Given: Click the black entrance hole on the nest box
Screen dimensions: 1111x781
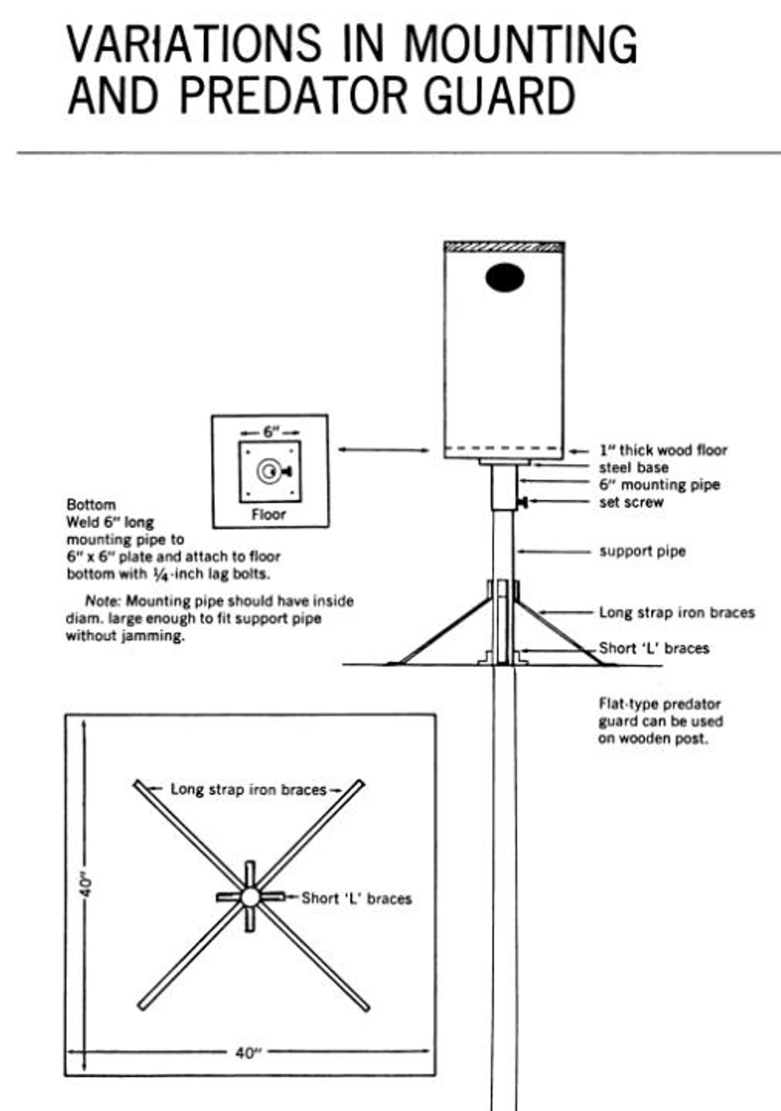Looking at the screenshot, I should click(x=505, y=278).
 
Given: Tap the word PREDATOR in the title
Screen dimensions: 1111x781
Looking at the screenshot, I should click(x=293, y=95).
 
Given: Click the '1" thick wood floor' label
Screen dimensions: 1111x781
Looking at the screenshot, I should click(x=662, y=450).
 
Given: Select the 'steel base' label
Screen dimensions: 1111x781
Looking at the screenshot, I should click(x=633, y=467).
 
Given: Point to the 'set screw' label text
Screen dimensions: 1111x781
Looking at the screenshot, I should click(x=631, y=502).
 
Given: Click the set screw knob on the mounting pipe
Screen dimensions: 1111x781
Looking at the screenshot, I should click(x=523, y=502).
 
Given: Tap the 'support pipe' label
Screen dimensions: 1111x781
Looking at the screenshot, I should click(x=642, y=551).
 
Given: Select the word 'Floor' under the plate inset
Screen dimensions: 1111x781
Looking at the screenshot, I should click(x=269, y=514).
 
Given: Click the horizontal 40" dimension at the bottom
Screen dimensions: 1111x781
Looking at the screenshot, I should click(x=248, y=1053).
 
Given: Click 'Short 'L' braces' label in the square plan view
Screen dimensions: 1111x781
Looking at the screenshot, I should click(x=356, y=898).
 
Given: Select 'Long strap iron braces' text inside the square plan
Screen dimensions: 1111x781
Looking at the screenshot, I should click(x=248, y=789).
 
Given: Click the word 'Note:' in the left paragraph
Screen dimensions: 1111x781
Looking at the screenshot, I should click(x=103, y=601).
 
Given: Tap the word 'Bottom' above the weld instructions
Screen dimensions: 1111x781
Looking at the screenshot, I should click(x=91, y=504).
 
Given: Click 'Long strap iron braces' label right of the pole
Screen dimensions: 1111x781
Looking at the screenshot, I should click(x=676, y=612).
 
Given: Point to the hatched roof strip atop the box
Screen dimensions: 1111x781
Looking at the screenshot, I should click(x=504, y=247).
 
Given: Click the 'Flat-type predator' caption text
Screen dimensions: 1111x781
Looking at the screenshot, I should click(x=659, y=704).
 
